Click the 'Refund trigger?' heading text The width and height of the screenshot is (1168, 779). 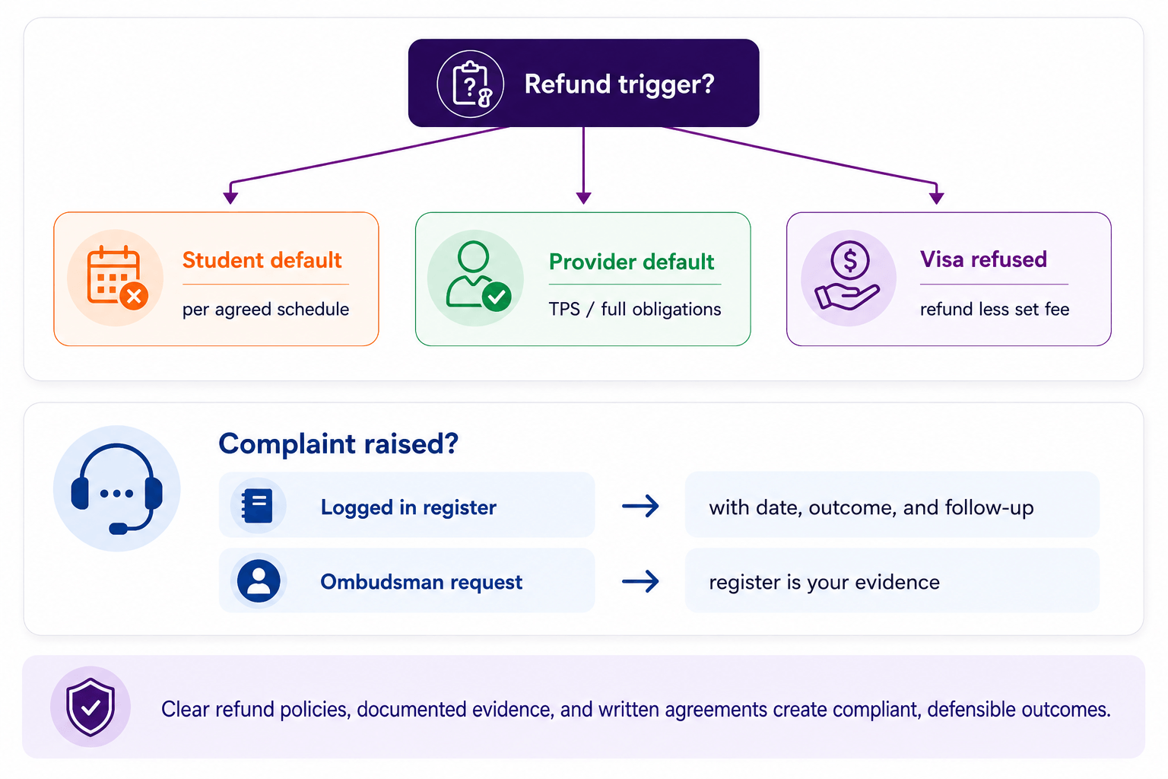point(619,84)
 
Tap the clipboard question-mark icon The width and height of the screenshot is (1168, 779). point(471,84)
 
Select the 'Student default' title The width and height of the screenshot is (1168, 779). point(262,260)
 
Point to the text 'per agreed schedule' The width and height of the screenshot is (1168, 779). point(265,309)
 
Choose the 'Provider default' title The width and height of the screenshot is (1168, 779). point(631,262)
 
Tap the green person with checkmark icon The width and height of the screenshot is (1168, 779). point(478,276)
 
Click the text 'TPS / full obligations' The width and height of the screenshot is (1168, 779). point(635,309)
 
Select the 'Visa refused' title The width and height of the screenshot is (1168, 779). point(983,259)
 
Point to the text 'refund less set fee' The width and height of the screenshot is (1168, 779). point(995,309)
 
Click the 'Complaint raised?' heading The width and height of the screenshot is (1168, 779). point(338,444)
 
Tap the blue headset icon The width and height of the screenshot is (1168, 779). point(117,488)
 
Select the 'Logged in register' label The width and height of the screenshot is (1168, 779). point(408,507)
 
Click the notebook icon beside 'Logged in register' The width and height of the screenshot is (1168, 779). point(257,506)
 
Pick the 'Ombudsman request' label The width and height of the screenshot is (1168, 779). point(421,582)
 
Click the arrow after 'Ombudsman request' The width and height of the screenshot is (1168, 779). point(640,581)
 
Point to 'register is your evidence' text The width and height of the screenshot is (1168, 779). point(824,582)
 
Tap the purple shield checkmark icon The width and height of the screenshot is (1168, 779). point(90,707)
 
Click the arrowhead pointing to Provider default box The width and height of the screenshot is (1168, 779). point(583,198)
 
